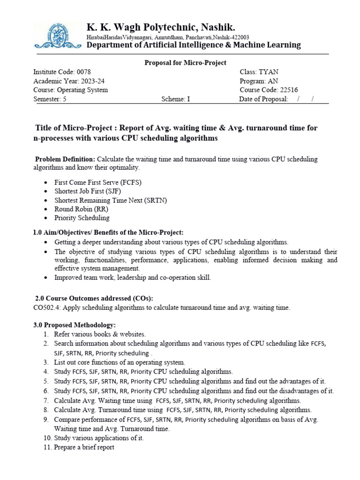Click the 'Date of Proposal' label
tap(263, 99)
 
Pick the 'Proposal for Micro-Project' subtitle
tap(185, 62)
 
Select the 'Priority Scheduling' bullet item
tap(82, 218)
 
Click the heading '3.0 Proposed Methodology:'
tap(74, 325)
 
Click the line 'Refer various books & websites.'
tap(100, 334)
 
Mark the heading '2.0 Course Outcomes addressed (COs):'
tap(94, 298)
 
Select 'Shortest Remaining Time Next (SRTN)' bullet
tap(111, 200)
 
